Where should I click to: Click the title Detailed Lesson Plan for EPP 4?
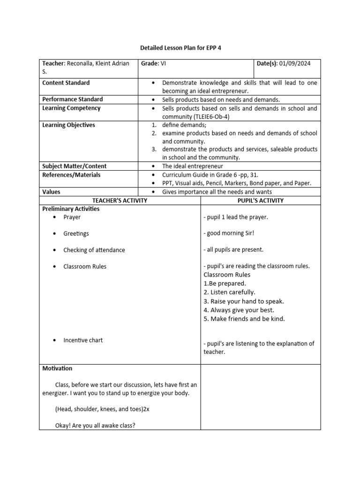point(180,48)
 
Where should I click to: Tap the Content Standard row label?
point(66,82)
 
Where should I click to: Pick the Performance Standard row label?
point(72,99)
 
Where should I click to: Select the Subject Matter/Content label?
point(75,166)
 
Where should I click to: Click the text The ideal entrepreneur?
point(193,166)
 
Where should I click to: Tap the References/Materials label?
point(71,175)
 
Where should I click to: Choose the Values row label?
point(52,192)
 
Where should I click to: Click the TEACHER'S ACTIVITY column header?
point(120,201)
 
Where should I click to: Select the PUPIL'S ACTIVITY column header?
point(261,201)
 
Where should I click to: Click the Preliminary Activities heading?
point(71,209)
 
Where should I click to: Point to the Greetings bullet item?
point(76,233)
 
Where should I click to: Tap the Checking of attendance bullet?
point(94,250)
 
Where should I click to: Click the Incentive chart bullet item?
point(83,340)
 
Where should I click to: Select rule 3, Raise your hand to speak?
point(244,301)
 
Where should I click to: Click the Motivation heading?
point(57,368)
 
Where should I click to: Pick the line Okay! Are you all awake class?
point(95,426)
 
